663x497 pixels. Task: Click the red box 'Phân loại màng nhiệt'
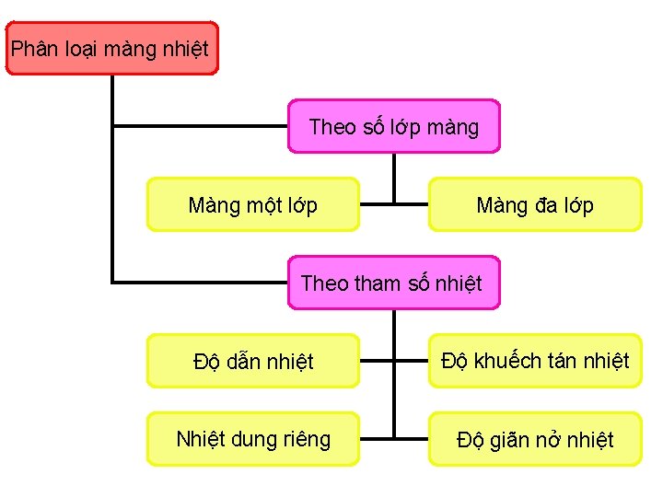112,48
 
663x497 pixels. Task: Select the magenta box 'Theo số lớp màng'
394,126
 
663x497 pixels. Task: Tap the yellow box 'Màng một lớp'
252,204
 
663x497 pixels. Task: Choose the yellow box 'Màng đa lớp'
535,204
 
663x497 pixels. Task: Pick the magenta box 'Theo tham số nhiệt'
394,283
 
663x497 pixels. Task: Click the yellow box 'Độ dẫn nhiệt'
252,361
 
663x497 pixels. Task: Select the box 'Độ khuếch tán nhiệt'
535,361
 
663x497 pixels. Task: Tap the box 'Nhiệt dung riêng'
252,439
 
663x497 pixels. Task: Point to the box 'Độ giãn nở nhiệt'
535,439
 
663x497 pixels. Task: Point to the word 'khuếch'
505,360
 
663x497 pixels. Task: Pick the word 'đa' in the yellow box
544,205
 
